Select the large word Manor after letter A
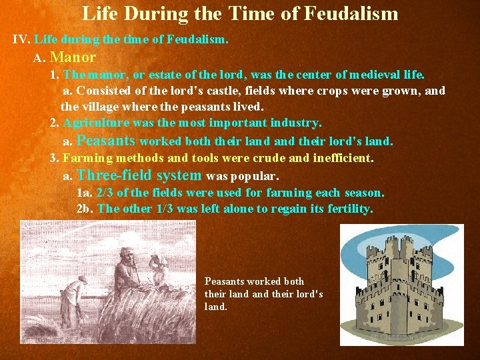[x=73, y=58]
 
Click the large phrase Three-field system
[x=139, y=175]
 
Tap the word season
[x=364, y=193]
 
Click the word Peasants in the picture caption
[x=225, y=281]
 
